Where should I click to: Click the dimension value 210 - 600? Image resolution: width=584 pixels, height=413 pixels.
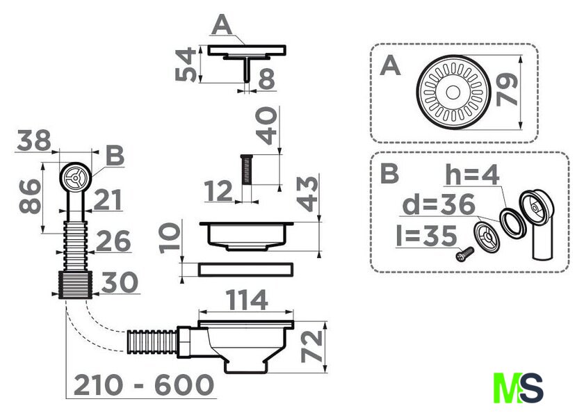point(144,385)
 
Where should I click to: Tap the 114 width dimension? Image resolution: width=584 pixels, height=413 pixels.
point(247,300)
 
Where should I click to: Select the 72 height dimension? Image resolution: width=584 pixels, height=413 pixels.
point(312,346)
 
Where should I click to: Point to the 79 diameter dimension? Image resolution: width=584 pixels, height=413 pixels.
point(508,90)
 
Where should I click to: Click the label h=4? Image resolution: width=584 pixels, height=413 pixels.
point(472,175)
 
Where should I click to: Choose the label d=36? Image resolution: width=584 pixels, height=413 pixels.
point(439,204)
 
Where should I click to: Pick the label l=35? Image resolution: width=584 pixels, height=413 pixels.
point(426,236)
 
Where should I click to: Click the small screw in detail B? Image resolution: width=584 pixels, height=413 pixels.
point(465,254)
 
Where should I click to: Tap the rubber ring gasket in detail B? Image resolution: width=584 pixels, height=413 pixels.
point(512,223)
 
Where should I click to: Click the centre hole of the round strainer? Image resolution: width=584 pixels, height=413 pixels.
point(453,92)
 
